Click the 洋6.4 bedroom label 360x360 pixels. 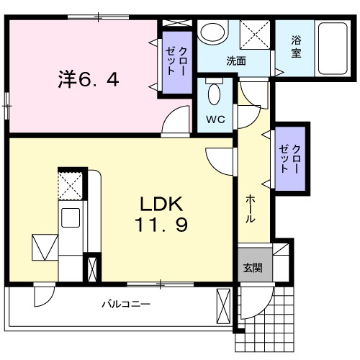click(x=89, y=79)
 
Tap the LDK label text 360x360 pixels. click(x=161, y=204)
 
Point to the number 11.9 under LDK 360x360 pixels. click(x=161, y=224)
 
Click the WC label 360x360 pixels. click(x=215, y=119)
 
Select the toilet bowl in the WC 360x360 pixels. click(x=214, y=94)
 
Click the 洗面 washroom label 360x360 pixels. click(x=236, y=61)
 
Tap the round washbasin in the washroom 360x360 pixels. click(x=212, y=32)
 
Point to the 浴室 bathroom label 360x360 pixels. click(x=296, y=47)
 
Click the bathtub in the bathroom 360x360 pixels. click(x=333, y=48)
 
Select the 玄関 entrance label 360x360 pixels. click(x=253, y=268)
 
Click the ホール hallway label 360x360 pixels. click(x=250, y=209)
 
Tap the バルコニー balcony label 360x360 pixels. click(x=126, y=304)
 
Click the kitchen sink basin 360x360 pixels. click(x=71, y=217)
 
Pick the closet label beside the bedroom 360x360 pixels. click(x=177, y=61)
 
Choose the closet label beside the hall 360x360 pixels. click(x=290, y=159)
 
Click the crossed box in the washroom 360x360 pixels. click(x=255, y=35)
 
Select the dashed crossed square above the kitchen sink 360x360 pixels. click(x=71, y=186)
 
